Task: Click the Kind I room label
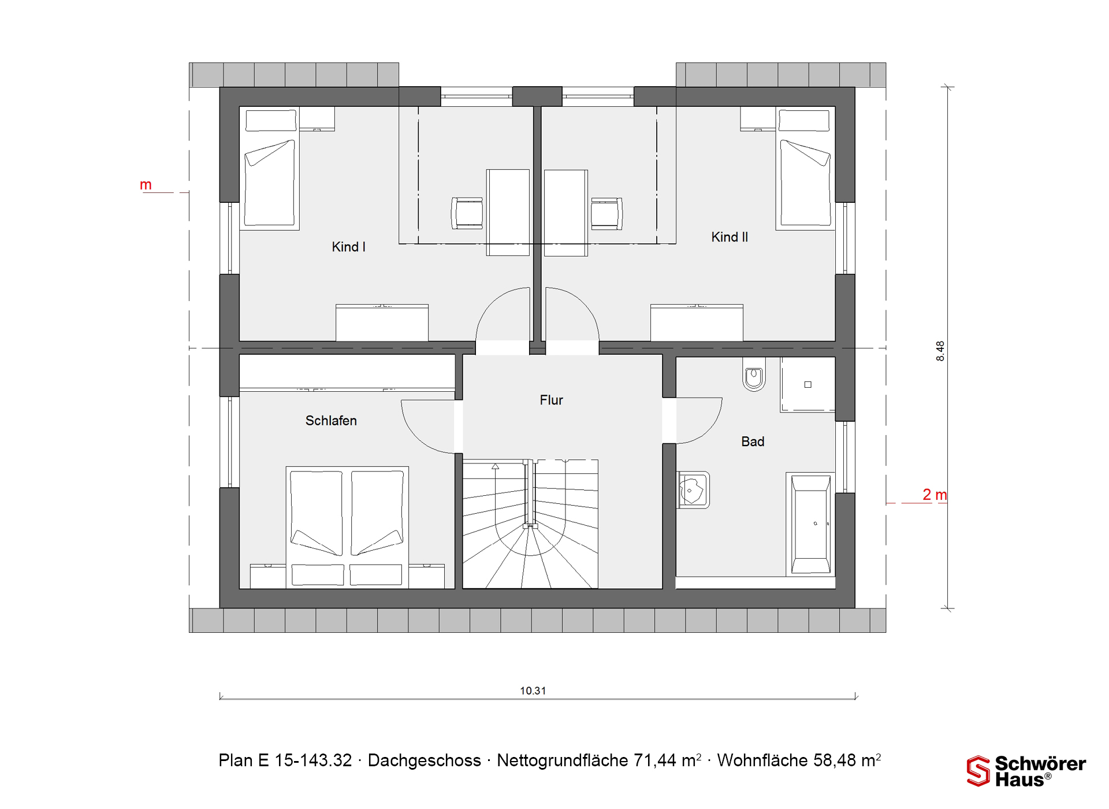click(348, 247)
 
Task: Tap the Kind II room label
click(730, 237)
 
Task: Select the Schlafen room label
click(331, 421)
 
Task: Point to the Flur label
click(551, 400)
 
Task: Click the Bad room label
click(753, 441)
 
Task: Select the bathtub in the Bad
click(811, 524)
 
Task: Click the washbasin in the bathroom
click(693, 490)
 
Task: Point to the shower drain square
click(808, 384)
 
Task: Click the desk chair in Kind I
click(467, 213)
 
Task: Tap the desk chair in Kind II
click(607, 213)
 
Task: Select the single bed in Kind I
click(269, 168)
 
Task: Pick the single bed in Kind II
click(805, 168)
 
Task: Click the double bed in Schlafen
click(347, 528)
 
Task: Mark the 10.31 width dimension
click(533, 691)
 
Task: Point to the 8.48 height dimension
click(940, 351)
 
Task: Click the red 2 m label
click(935, 495)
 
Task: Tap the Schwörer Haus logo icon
click(978, 771)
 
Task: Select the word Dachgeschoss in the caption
click(425, 760)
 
